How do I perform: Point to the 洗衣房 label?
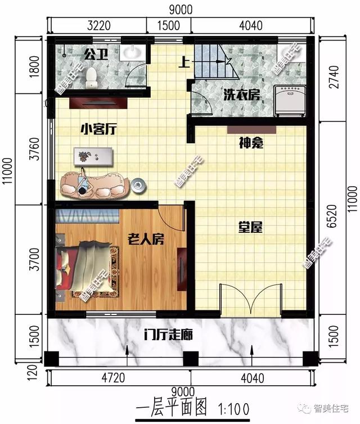pos(241,94)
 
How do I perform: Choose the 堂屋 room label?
pos(250,228)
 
